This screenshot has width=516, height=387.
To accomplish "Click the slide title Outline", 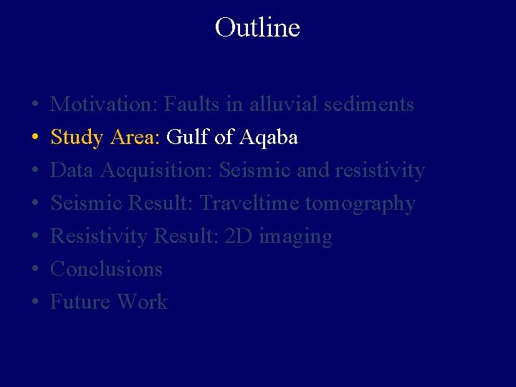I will [x=257, y=28].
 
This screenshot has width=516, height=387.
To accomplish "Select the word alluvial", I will [x=282, y=105].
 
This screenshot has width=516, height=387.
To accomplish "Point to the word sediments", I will [x=369, y=105].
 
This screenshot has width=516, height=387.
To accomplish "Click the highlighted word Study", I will [x=77, y=138].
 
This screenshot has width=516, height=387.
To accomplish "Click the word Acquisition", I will [x=156, y=171].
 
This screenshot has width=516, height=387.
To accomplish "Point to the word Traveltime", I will [x=249, y=204].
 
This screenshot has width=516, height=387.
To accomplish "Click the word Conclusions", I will [x=107, y=269].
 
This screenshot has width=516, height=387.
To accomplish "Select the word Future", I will [x=80, y=302].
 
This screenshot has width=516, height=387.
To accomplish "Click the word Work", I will [x=142, y=302].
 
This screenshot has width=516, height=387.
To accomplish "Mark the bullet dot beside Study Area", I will [x=35, y=138].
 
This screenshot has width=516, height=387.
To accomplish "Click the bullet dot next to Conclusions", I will [x=35, y=269].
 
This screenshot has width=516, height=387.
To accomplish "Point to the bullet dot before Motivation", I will [x=35, y=105].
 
